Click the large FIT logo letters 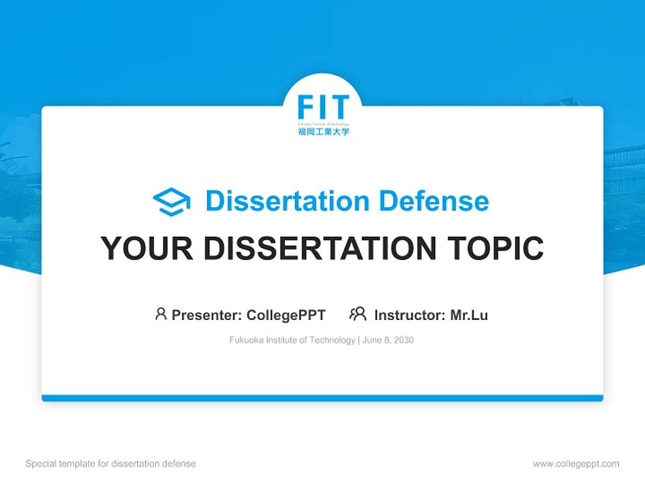[x=323, y=108]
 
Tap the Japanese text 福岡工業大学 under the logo [x=323, y=132]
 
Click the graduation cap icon [x=171, y=202]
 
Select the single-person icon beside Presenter [x=161, y=314]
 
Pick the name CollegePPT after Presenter [x=286, y=315]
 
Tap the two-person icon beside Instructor [x=358, y=314]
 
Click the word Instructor [x=409, y=315]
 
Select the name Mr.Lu [x=469, y=315]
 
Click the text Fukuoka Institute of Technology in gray [x=292, y=340]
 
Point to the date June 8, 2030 [x=388, y=340]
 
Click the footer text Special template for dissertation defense [x=111, y=464]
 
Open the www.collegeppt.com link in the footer [x=576, y=464]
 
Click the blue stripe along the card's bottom [x=322, y=398]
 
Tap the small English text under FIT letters [x=323, y=124]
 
